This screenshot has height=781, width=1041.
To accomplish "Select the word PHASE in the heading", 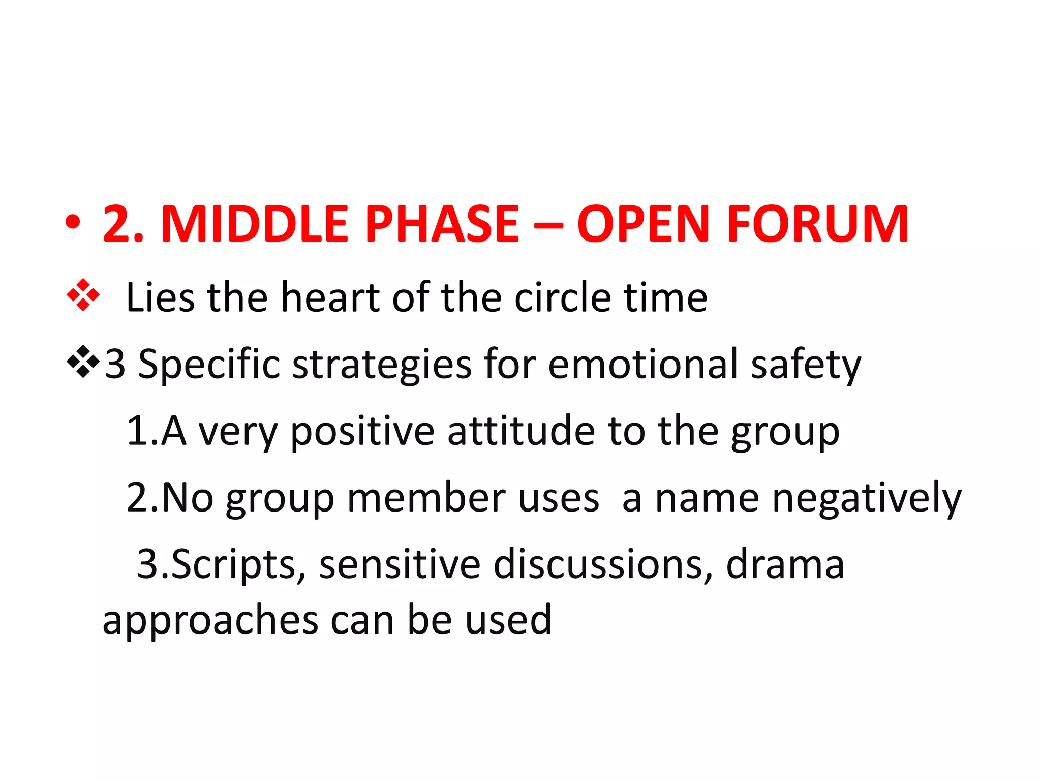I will (x=442, y=224).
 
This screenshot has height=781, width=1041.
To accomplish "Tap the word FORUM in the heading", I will (x=818, y=224).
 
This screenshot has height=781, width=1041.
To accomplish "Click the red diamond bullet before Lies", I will (x=83, y=295).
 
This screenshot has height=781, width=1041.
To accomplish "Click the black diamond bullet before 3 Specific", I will (x=83, y=362).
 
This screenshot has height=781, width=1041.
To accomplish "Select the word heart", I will (x=330, y=297).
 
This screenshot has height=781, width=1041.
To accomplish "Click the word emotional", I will (x=643, y=364).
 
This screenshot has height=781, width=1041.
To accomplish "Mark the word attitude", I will (x=521, y=431).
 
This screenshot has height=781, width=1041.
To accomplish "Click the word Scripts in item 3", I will (x=234, y=564).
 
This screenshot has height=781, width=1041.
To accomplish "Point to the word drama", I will (x=785, y=564).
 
